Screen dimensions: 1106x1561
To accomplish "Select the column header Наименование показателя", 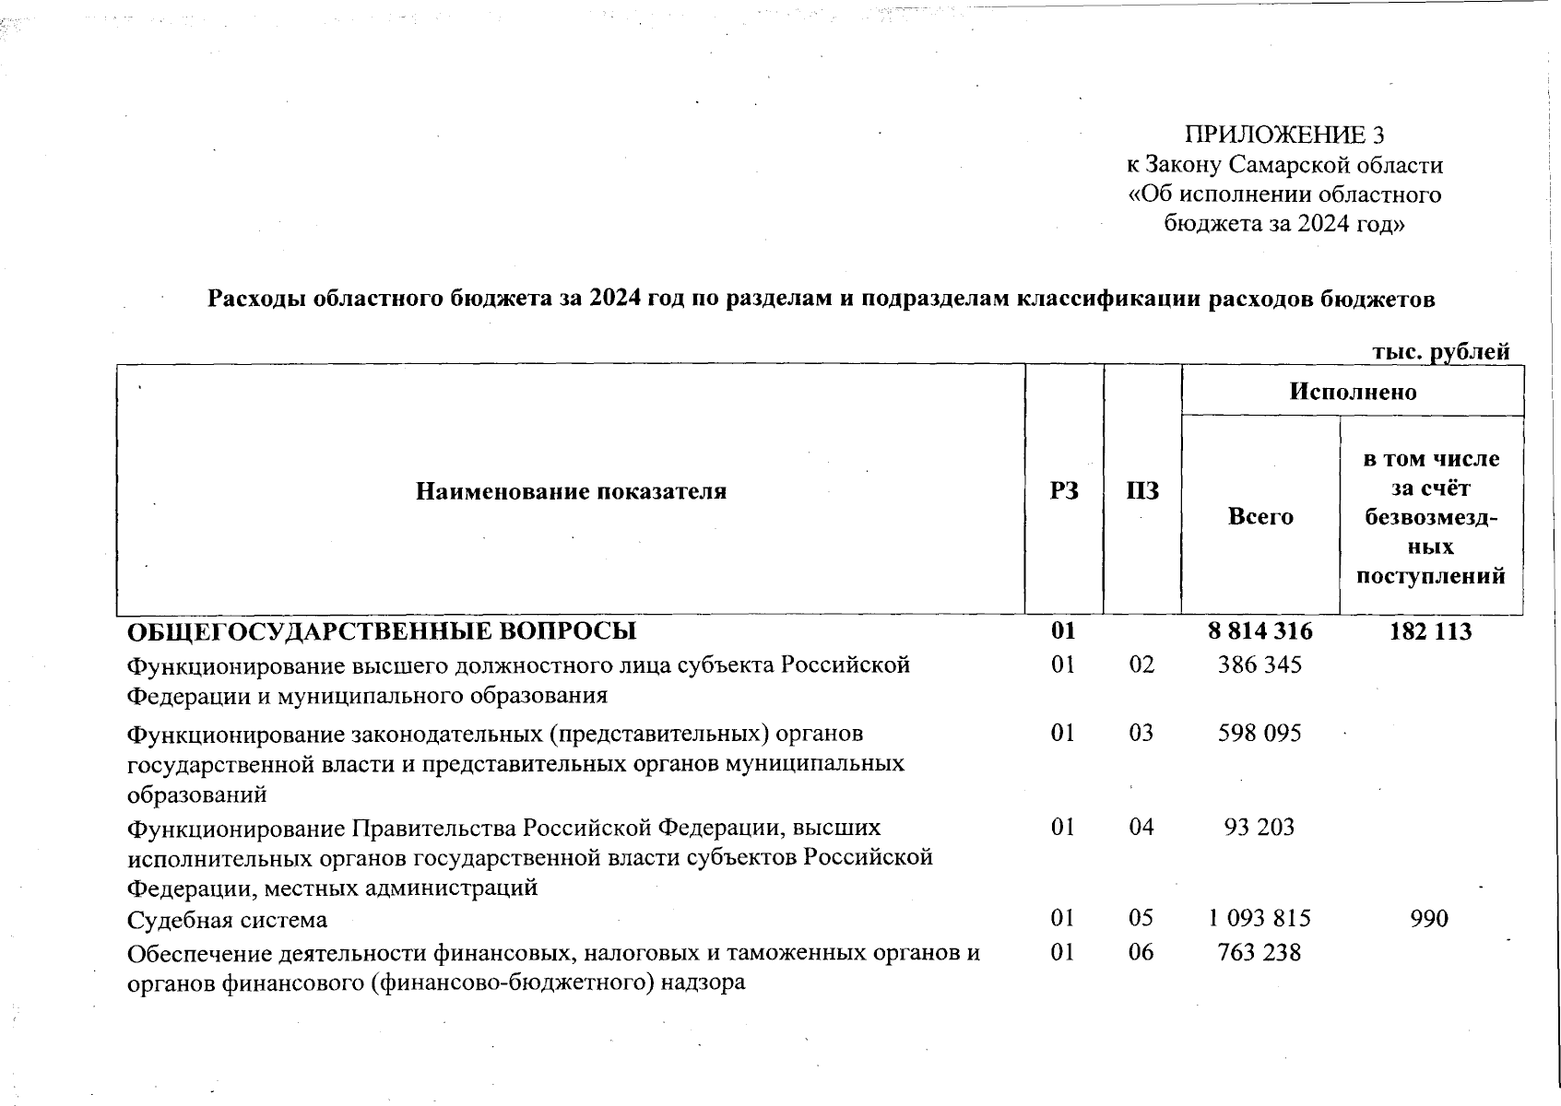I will [571, 491].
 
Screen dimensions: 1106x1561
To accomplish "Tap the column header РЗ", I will [1064, 491].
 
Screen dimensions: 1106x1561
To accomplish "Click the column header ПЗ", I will [1142, 491].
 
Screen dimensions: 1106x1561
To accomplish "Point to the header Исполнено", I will [1352, 392].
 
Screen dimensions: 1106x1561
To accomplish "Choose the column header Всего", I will [1260, 517].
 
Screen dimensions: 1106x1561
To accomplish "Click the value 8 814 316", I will [1259, 631].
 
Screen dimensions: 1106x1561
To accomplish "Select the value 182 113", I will [1429, 631].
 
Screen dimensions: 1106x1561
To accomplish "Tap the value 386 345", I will [1259, 665].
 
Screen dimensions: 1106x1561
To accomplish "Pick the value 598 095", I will [1259, 733].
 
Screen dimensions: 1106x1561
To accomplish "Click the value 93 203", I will [1259, 827].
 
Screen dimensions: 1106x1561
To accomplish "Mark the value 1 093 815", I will [1259, 918].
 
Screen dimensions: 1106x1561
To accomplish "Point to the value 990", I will [1429, 918].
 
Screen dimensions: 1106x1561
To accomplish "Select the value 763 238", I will [1259, 951].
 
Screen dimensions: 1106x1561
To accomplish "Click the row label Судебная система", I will [227, 920].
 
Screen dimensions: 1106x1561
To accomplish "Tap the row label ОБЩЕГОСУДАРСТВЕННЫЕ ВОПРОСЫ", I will [381, 631].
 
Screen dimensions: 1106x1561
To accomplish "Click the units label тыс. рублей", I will [1440, 352].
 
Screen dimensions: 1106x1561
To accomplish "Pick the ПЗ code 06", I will [1141, 951].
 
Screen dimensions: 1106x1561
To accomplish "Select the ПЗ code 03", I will [1141, 733].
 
